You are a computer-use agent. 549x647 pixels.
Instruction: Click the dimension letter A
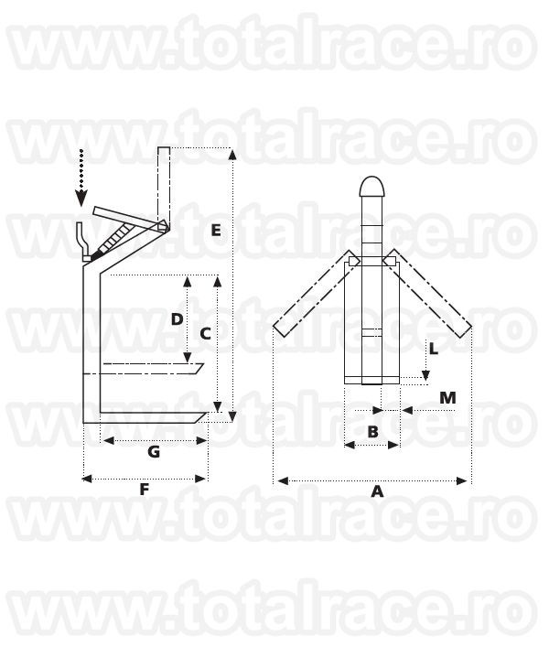pyautogui.click(x=377, y=491)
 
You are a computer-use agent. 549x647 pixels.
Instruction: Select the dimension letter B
pyautogui.click(x=373, y=431)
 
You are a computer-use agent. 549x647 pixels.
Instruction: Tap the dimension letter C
pyautogui.click(x=206, y=334)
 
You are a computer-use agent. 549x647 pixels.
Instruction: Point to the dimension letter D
pyautogui.click(x=178, y=319)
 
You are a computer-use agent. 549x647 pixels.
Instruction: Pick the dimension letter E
pyautogui.click(x=215, y=231)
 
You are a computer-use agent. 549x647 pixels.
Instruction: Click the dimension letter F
pyautogui.click(x=144, y=490)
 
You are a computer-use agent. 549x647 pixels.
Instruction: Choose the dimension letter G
pyautogui.click(x=154, y=452)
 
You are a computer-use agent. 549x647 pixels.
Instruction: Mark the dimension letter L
pyautogui.click(x=435, y=349)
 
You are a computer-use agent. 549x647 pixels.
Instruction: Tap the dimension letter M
pyautogui.click(x=447, y=397)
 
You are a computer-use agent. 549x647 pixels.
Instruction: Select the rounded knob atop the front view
pyautogui.click(x=372, y=186)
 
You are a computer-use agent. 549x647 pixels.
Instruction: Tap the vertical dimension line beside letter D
pyautogui.click(x=187, y=319)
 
